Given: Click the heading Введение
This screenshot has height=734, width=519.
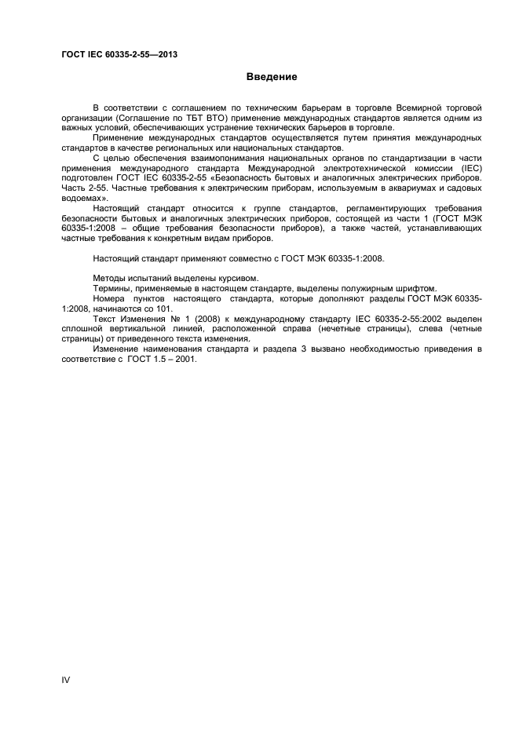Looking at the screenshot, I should (x=272, y=77).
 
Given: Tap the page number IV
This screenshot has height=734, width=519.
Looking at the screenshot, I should (x=66, y=679).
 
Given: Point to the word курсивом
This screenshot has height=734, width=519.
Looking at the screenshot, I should (x=235, y=278).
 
